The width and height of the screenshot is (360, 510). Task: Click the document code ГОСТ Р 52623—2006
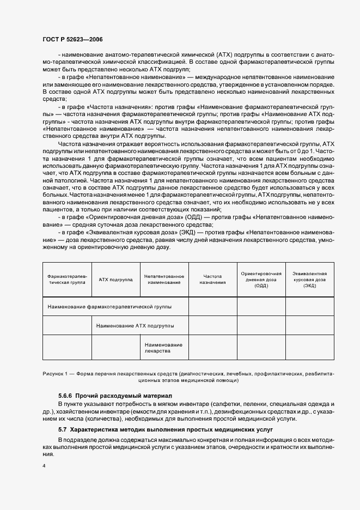72,39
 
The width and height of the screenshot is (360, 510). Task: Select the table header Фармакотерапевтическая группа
67,280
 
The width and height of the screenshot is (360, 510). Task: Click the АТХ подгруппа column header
116,280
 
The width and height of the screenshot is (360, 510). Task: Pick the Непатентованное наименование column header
164,280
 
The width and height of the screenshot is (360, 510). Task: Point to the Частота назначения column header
212,280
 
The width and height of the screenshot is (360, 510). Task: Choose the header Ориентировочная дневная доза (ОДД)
261,280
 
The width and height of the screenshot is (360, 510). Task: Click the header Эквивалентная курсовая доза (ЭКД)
309,280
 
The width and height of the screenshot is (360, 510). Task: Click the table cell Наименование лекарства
164,348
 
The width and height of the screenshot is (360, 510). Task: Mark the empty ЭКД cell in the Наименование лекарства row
309,348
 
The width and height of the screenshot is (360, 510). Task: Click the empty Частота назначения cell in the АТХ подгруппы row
212,325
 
